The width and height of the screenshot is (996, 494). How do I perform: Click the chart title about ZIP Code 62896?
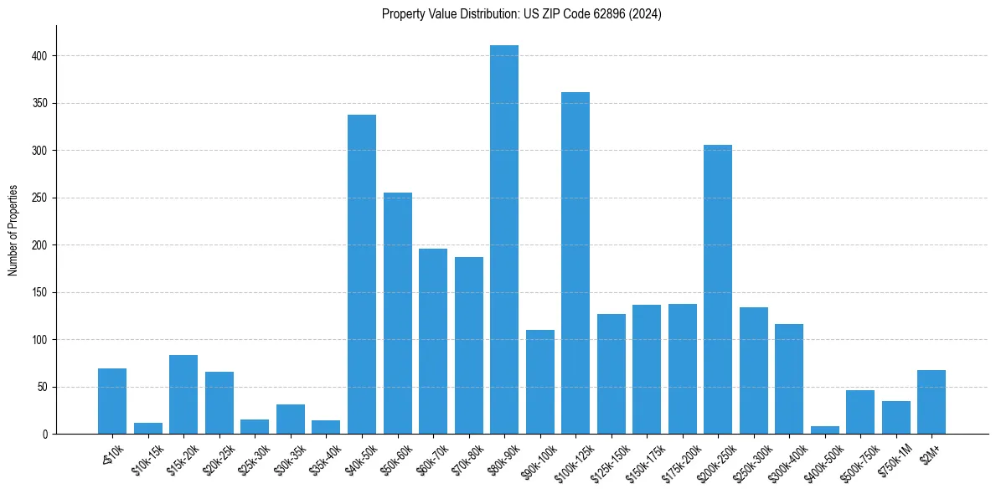tap(521, 14)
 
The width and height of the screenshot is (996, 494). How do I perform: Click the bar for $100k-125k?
tap(575, 263)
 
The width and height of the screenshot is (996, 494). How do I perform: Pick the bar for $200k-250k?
tap(718, 290)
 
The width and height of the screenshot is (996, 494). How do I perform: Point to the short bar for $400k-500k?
tap(825, 430)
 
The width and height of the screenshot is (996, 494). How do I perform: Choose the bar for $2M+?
tap(931, 402)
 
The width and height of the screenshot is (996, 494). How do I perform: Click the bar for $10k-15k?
tap(148, 429)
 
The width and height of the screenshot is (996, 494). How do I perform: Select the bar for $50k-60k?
tap(398, 313)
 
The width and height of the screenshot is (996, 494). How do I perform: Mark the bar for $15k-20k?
tap(183, 394)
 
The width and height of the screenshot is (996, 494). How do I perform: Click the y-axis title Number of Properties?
tap(13, 230)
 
